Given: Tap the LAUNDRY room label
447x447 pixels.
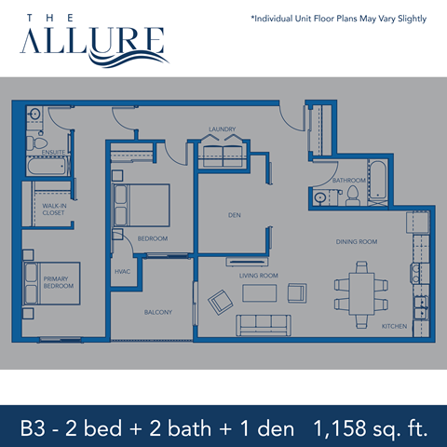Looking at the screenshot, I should [222, 129].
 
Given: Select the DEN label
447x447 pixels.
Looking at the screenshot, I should [235, 215].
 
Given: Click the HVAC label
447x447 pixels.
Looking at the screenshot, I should [121, 271].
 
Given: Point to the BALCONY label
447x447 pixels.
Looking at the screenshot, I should [157, 312].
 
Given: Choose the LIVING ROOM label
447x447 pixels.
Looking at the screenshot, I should [259, 276].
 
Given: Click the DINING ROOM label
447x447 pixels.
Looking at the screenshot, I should [356, 242].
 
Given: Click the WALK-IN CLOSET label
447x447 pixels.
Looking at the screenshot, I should [53, 210].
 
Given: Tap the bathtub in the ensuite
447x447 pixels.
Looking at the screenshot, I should [46, 167].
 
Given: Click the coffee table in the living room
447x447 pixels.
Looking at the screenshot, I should [260, 293].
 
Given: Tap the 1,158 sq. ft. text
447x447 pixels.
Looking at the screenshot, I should [371, 429].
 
